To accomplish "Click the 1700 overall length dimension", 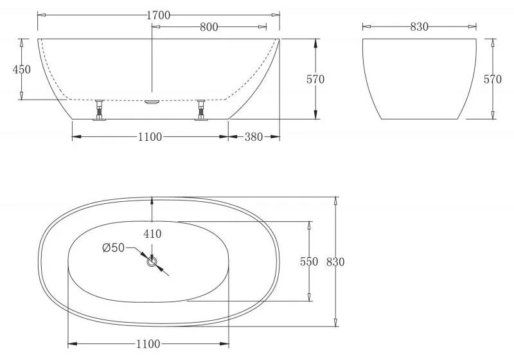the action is coord(158,15).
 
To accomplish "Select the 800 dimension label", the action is coord(209,27).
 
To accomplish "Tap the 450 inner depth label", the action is coord(22,69).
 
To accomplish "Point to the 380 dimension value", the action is coord(254,137).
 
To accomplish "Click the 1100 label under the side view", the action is coord(150,137).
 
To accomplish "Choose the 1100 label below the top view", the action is coord(148,344).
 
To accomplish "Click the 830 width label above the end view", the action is coord(420,27).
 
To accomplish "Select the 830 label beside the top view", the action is coord(335,262).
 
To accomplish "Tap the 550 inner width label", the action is coord(309,262).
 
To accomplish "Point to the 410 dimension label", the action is coord(152,234).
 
